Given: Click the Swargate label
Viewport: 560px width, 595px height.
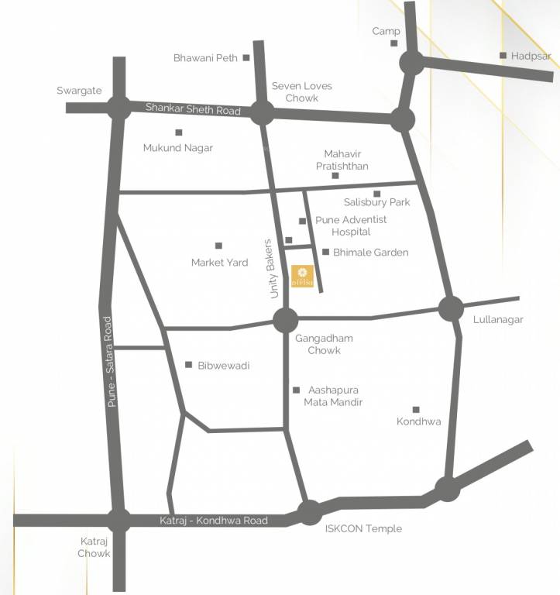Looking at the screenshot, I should (x=79, y=91).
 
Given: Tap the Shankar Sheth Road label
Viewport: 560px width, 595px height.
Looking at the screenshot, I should (x=193, y=109).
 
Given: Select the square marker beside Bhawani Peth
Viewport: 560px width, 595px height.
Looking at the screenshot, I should (x=246, y=57).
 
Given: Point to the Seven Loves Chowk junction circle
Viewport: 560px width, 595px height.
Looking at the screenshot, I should (x=262, y=113).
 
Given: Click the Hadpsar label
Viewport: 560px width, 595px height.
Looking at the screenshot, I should (x=531, y=56).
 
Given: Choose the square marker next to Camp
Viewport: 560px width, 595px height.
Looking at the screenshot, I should (x=393, y=43).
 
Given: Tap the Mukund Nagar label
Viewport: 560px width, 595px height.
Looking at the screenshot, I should (x=177, y=147).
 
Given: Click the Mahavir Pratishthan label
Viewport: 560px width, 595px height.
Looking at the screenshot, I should (x=342, y=160).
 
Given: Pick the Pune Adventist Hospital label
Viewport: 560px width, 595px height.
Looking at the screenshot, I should (x=351, y=225).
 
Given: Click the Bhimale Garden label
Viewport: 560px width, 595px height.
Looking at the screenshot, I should (x=370, y=253).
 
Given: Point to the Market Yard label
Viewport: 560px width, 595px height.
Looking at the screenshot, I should (x=219, y=263).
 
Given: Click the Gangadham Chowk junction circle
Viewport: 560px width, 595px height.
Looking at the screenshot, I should (x=285, y=319).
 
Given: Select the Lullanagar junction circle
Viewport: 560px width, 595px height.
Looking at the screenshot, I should (x=451, y=308).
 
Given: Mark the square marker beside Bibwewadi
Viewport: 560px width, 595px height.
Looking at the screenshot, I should (x=188, y=365).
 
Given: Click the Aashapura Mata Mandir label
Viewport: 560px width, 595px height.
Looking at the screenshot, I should (x=333, y=396).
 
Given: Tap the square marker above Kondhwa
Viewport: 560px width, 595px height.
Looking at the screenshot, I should (x=416, y=410).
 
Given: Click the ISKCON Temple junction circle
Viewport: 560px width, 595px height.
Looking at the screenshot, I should (x=310, y=512).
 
